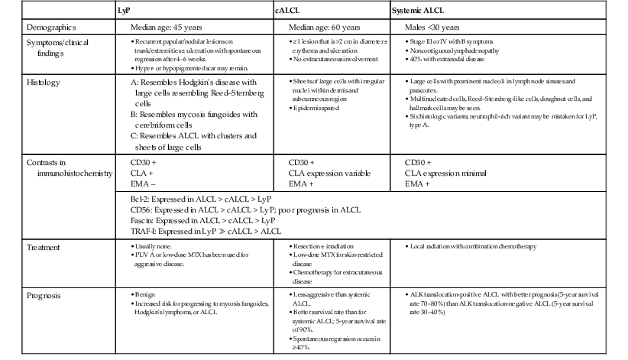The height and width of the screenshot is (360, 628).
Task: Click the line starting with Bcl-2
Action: [x=203, y=198]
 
